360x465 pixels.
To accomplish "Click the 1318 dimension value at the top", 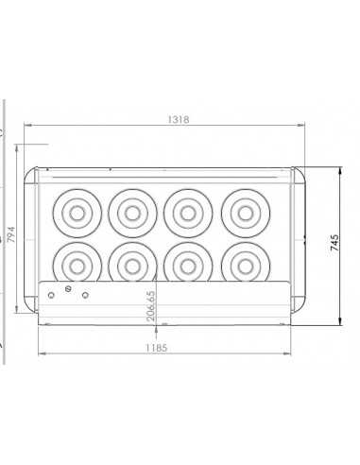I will (178, 119).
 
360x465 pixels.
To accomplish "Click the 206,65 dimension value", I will (151, 306).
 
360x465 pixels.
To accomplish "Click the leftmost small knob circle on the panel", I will (51, 294).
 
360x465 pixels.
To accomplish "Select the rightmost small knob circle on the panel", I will (85, 296).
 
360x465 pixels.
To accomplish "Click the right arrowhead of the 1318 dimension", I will (302, 126).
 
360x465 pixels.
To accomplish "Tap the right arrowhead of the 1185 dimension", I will (289, 353).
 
